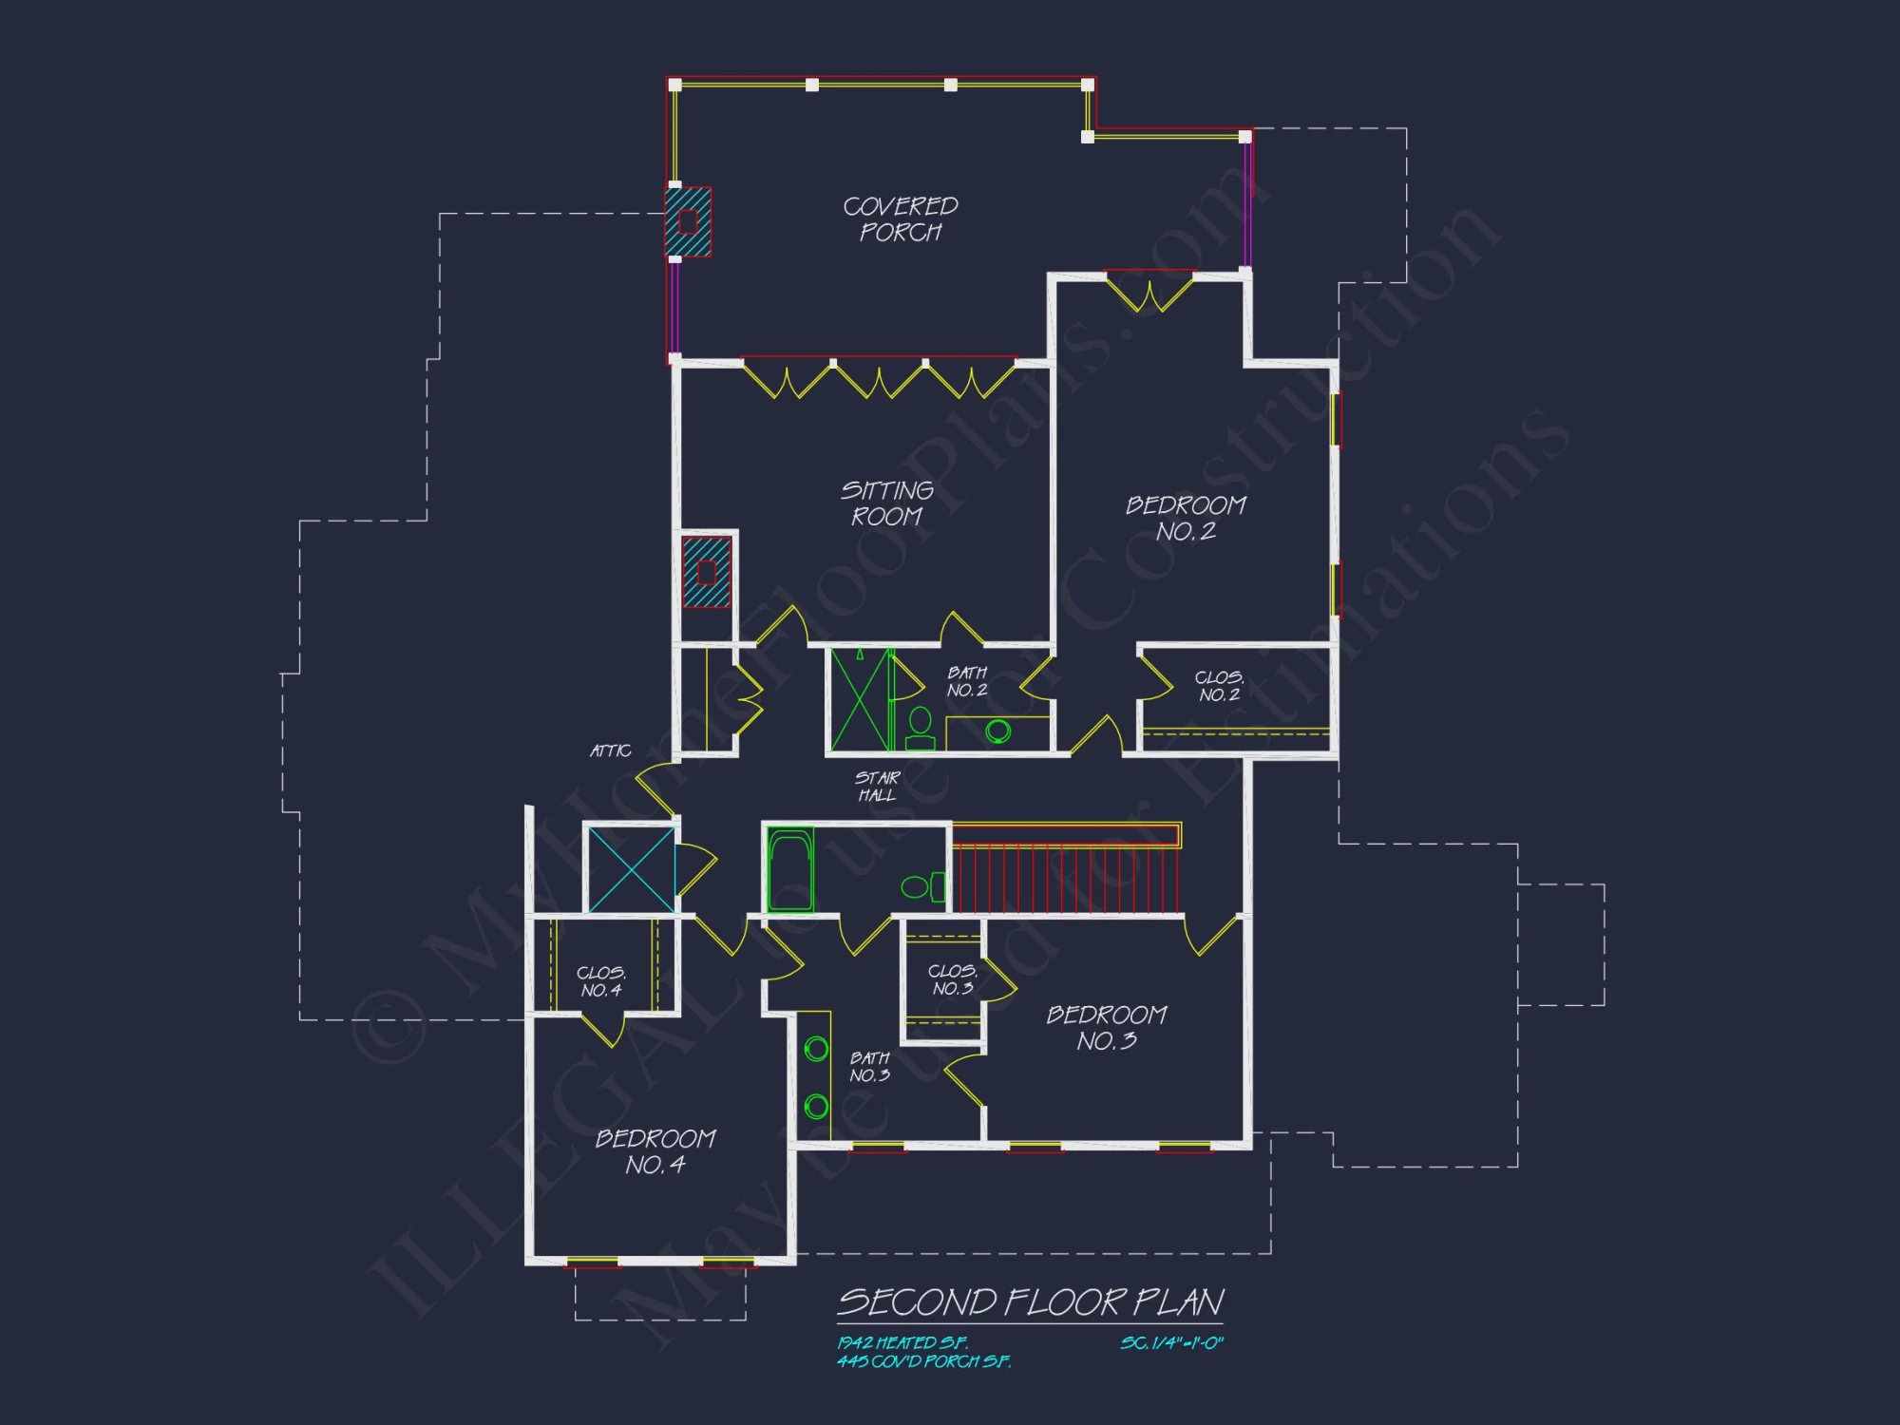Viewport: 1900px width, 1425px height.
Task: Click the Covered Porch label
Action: click(x=901, y=219)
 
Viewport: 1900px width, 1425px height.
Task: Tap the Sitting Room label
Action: click(x=886, y=503)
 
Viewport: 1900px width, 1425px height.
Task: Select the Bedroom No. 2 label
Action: click(x=1186, y=518)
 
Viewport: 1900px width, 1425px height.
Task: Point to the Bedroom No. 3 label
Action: click(x=1107, y=1028)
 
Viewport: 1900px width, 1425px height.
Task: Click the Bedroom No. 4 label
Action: click(x=655, y=1151)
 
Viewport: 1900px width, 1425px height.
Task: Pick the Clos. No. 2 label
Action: click(x=1219, y=686)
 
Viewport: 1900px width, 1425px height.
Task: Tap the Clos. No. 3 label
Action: click(x=953, y=979)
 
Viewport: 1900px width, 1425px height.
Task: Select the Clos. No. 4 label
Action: click(x=601, y=981)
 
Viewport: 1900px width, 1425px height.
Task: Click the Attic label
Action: click(x=610, y=750)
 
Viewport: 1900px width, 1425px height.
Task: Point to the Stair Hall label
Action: click(x=877, y=787)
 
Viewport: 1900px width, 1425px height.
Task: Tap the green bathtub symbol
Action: click(x=790, y=869)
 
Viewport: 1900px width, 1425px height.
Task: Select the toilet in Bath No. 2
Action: click(x=920, y=729)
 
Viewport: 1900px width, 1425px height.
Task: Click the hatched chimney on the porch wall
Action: click(x=688, y=222)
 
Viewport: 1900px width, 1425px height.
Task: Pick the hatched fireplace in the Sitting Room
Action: click(x=707, y=572)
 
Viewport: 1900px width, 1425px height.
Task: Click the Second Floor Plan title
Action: click(x=1031, y=1302)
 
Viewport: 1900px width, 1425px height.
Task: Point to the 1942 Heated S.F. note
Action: click(x=902, y=1342)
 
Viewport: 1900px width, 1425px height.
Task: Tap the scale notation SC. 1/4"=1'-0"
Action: click(x=1171, y=1342)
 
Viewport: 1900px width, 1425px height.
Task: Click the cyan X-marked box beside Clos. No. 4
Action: click(x=632, y=870)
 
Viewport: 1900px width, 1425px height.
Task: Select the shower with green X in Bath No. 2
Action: click(x=861, y=700)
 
